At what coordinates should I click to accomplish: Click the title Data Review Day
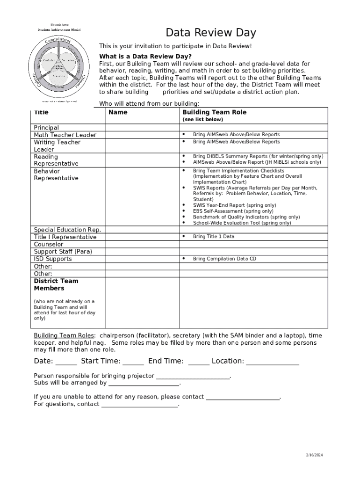(x=211, y=33)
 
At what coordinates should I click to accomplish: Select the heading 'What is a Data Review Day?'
(x=145, y=56)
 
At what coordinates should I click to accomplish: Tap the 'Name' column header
(x=118, y=112)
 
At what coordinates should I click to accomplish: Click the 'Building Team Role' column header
(x=214, y=112)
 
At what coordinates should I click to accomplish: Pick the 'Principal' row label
(x=46, y=128)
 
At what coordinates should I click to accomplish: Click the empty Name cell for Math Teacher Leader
(x=142, y=135)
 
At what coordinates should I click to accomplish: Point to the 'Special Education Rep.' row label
(x=67, y=230)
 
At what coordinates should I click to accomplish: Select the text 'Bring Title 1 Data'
(x=214, y=237)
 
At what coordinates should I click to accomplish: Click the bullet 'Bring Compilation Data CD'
(x=224, y=259)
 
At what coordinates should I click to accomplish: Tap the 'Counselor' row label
(x=48, y=244)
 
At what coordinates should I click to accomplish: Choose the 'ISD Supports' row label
(x=53, y=259)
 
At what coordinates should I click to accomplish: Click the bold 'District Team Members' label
(x=56, y=284)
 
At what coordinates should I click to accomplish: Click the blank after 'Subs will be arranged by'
(x=144, y=384)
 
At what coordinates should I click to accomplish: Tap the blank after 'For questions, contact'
(x=140, y=406)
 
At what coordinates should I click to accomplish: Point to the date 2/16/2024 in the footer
(x=315, y=455)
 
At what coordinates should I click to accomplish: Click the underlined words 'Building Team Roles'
(x=64, y=335)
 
